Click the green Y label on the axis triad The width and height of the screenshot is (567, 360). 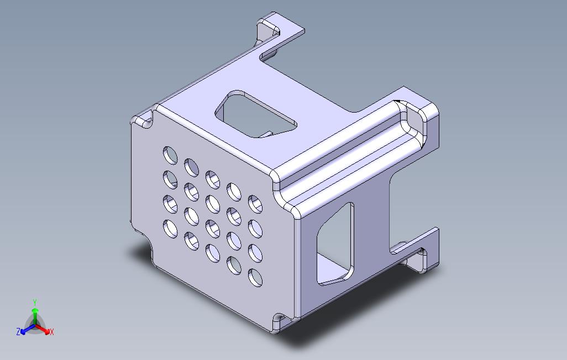pos(35,302)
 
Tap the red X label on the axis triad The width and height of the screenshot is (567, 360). pos(52,332)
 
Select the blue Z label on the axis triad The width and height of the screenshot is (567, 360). pos(18,331)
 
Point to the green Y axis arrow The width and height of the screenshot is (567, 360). pos(35,316)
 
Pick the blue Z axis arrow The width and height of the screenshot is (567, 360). pos(28,329)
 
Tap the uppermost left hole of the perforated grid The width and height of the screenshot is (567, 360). pos(170,155)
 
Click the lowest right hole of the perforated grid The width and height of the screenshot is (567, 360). pos(255,278)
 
